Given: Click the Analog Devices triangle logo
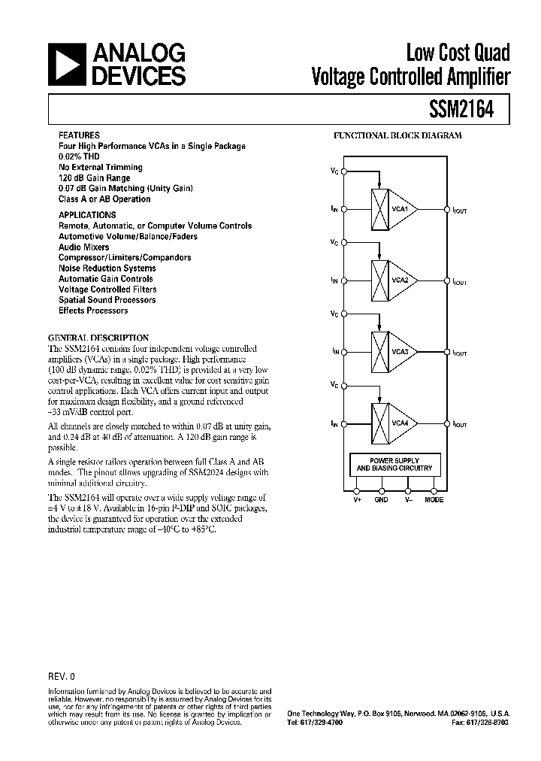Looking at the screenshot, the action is pyautogui.click(x=67, y=64).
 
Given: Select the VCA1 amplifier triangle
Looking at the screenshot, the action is pyautogui.click(x=399, y=209).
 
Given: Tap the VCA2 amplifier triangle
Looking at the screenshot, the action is pyautogui.click(x=399, y=280).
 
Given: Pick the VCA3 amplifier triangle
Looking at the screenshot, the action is pyautogui.click(x=399, y=351).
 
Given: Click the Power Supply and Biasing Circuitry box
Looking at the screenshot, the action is pyautogui.click(x=394, y=464).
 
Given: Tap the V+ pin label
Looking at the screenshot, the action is pyautogui.click(x=357, y=500).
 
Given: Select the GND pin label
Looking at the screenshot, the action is pyautogui.click(x=381, y=500).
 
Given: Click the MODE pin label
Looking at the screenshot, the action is pyautogui.click(x=434, y=500).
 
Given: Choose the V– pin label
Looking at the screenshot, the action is pyautogui.click(x=408, y=500).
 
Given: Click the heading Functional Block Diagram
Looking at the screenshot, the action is pyautogui.click(x=397, y=136).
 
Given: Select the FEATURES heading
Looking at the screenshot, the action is pyautogui.click(x=78, y=135).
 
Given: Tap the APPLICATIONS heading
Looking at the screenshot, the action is pyautogui.click(x=87, y=215).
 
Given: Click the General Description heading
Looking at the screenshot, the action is pyautogui.click(x=98, y=338).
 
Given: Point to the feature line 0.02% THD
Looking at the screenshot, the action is pyautogui.click(x=79, y=156).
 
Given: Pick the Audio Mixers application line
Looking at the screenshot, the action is pyautogui.click(x=83, y=247).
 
